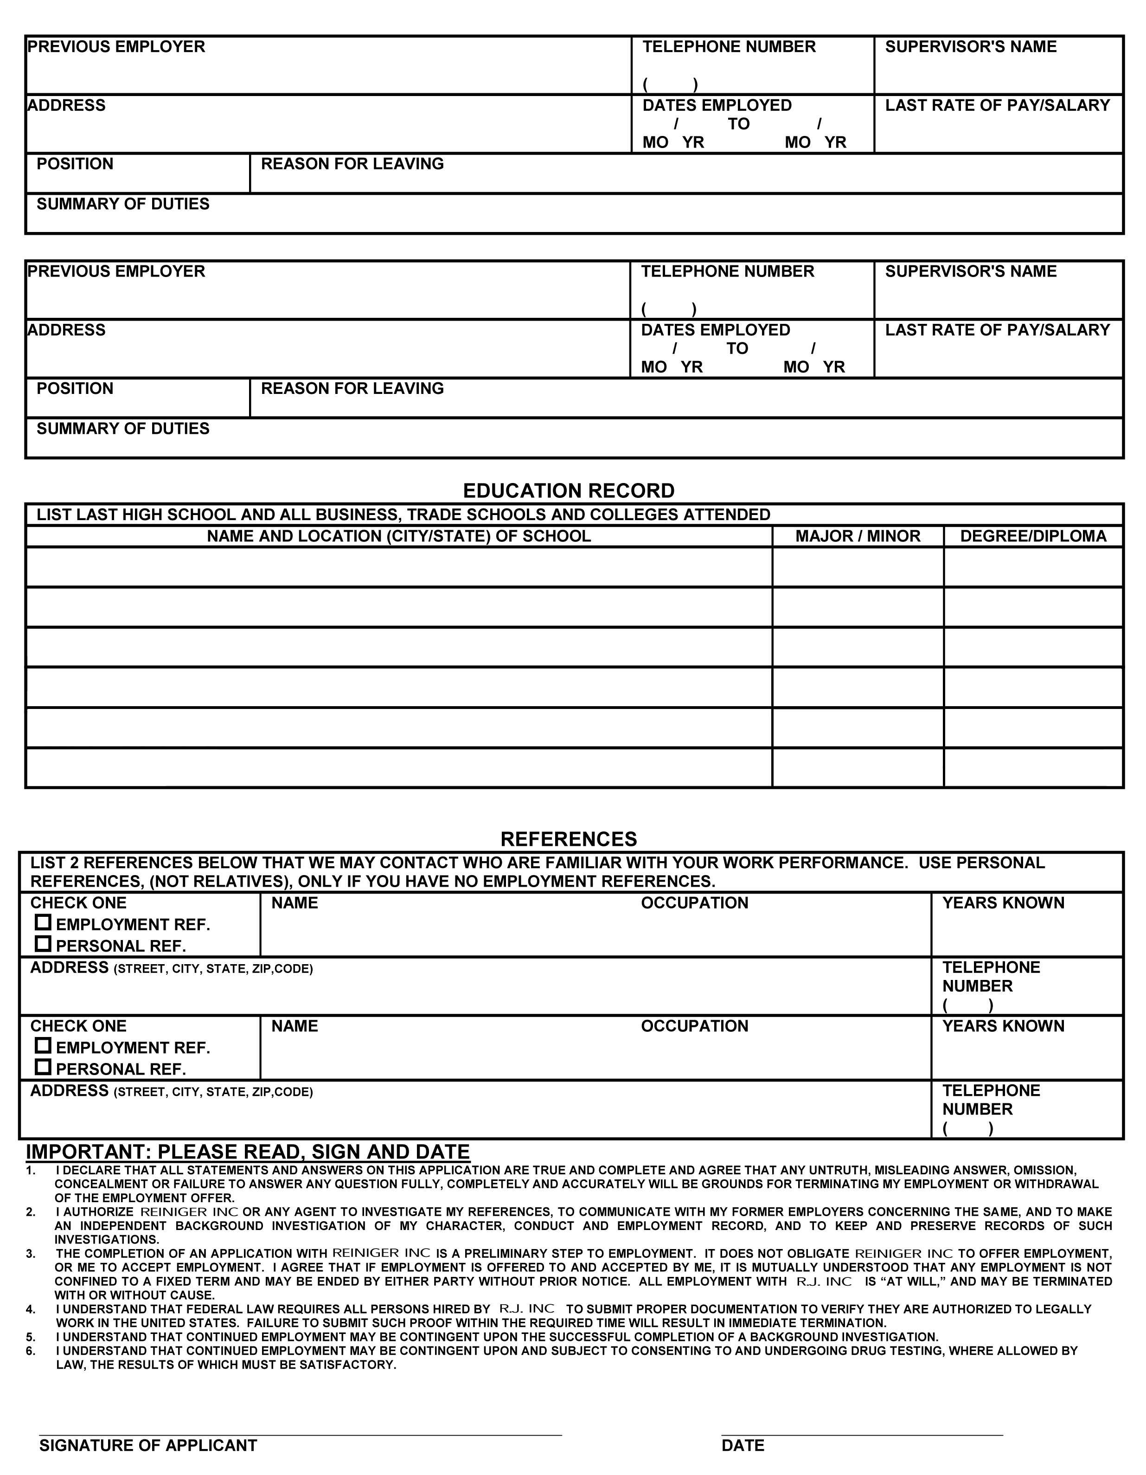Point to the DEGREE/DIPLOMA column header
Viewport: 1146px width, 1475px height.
click(1033, 536)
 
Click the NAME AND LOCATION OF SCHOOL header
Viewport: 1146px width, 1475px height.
click(398, 536)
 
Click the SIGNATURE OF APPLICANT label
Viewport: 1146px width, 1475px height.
click(148, 1445)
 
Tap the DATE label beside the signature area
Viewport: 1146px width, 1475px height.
click(743, 1445)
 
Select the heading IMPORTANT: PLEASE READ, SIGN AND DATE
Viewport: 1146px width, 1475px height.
click(247, 1152)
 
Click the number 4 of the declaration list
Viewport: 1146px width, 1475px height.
click(30, 1309)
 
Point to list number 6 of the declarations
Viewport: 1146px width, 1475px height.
click(30, 1352)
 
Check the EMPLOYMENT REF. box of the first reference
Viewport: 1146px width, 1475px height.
click(43, 922)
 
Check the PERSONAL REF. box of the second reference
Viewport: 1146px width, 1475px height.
click(43, 1067)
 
